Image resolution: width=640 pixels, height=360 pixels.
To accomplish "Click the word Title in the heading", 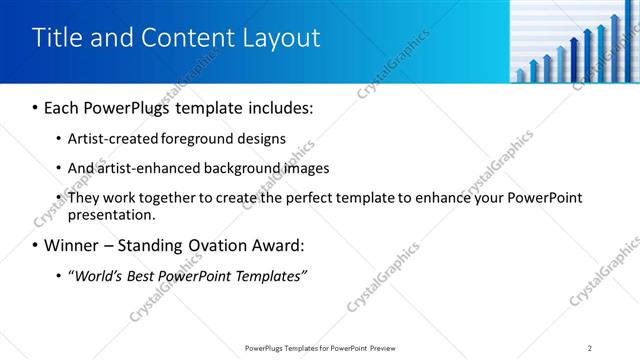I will point(57,38).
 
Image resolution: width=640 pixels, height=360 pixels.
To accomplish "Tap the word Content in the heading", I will point(187,38).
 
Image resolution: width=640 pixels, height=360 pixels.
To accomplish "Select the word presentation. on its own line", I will point(112,214).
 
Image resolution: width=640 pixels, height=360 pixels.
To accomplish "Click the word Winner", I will point(74,245).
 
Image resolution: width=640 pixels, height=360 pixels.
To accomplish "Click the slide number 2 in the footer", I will point(590,347).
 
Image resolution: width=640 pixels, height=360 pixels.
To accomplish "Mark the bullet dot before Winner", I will point(36,246).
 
